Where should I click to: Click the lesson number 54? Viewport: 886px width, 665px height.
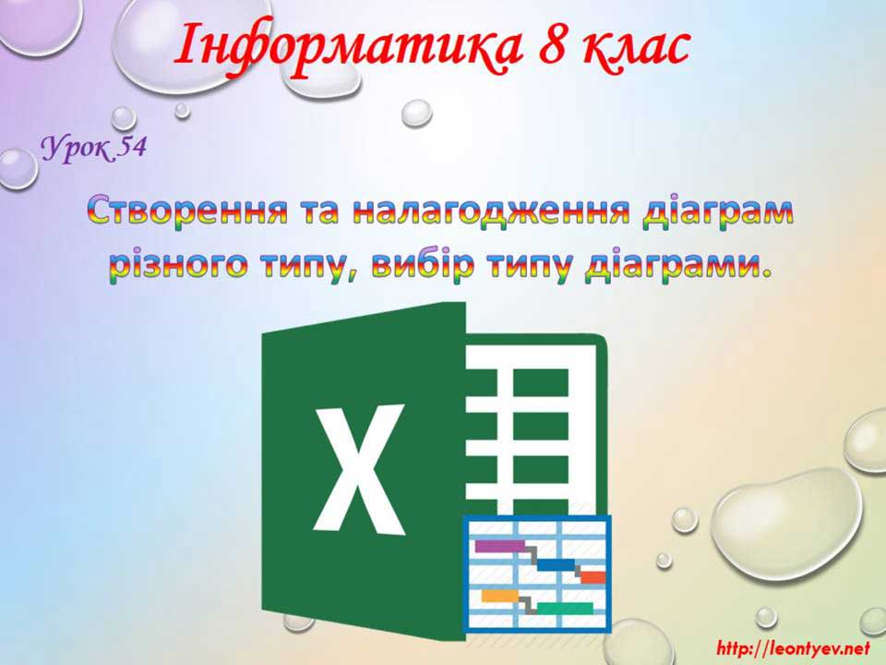click(131, 147)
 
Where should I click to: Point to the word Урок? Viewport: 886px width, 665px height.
click(77, 150)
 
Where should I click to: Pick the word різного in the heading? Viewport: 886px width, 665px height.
click(178, 266)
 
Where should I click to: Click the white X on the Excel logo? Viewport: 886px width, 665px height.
click(359, 469)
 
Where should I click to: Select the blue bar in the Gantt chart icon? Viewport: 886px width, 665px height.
click(556, 565)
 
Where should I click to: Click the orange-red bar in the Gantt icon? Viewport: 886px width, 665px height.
click(593, 577)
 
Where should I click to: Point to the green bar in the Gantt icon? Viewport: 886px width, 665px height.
click(565, 609)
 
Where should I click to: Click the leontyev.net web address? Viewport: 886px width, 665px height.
click(793, 647)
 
